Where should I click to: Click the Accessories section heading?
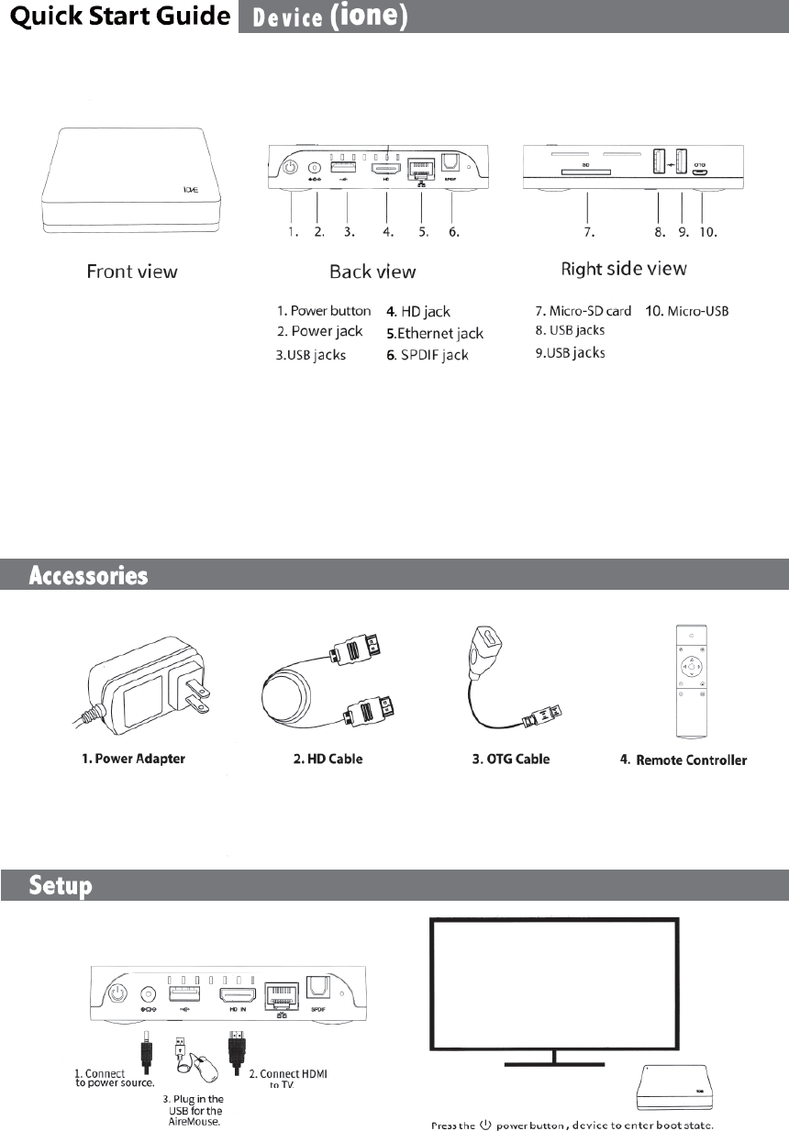89,576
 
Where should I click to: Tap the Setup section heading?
61,886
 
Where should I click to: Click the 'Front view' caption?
132,271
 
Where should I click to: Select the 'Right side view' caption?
624,269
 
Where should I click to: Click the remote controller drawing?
691,682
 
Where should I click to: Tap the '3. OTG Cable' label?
505,759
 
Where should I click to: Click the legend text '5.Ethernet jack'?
435,333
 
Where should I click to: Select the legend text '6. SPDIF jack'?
428,355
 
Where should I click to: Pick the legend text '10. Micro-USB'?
687,311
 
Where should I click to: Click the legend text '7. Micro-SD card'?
583,311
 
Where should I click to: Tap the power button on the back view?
290,168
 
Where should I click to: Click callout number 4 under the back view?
389,232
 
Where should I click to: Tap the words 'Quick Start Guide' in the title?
115,17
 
